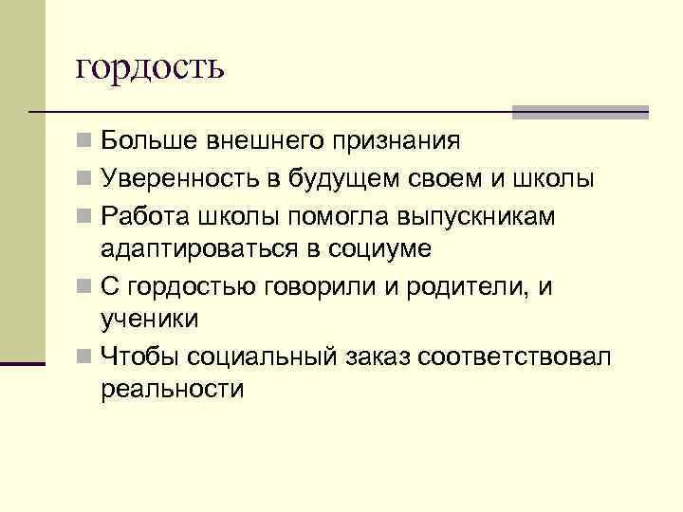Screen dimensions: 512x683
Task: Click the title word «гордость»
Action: pos(150,68)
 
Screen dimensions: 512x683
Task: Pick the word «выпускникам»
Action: pos(489,216)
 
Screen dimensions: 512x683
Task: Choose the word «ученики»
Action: pos(150,320)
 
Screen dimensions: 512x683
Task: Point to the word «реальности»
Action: pos(172,390)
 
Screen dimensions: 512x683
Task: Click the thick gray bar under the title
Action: pos(580,111)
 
